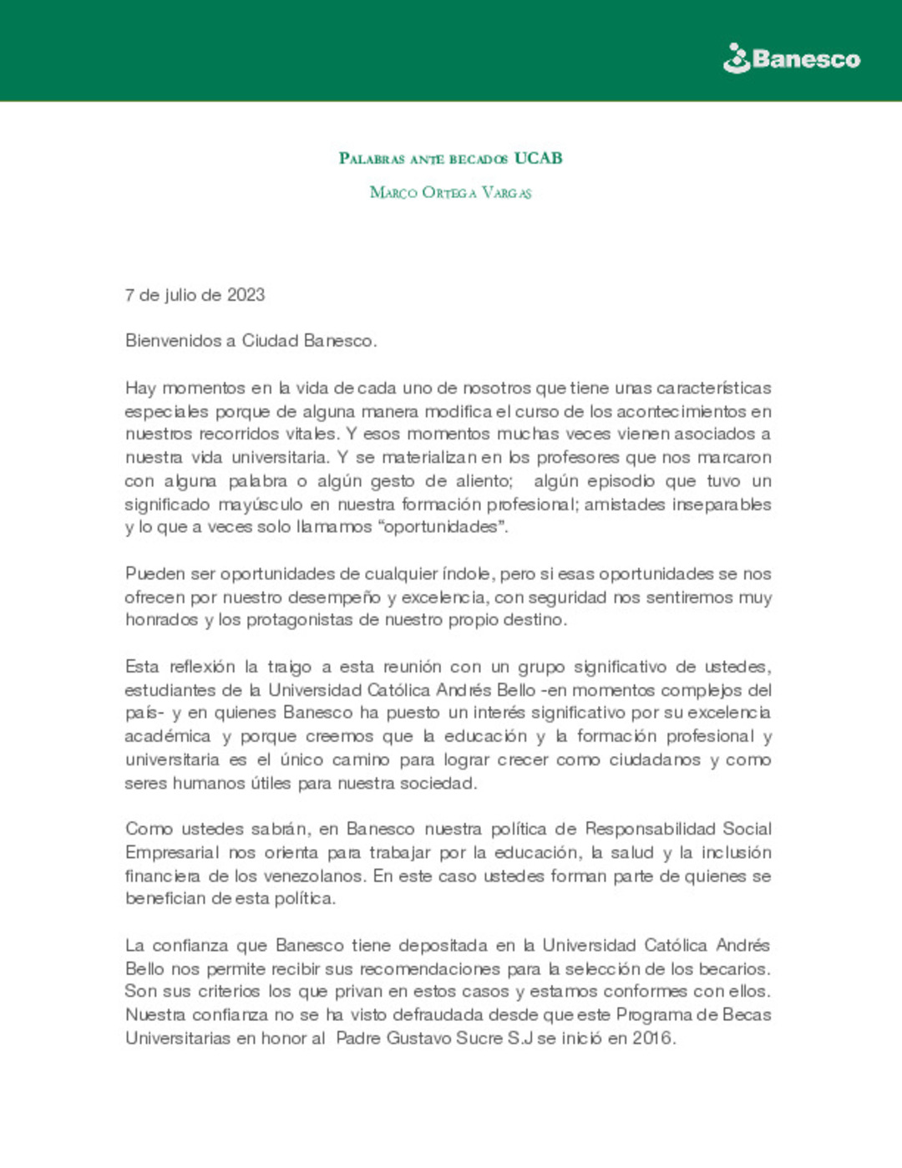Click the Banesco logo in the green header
(791, 58)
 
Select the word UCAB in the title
(538, 158)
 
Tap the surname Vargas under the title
(506, 193)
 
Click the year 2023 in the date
(246, 295)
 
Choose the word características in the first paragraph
(713, 388)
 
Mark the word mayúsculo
(260, 505)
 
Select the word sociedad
(437, 784)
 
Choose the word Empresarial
(172, 853)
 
